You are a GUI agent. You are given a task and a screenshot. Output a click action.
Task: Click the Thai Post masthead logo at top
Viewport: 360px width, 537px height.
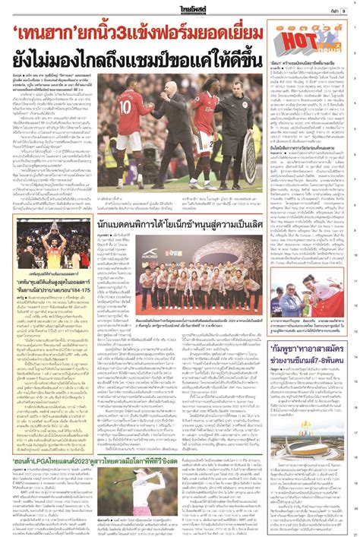coord(180,9)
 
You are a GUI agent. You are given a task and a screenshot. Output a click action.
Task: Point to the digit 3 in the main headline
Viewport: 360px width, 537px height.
coord(119,33)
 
